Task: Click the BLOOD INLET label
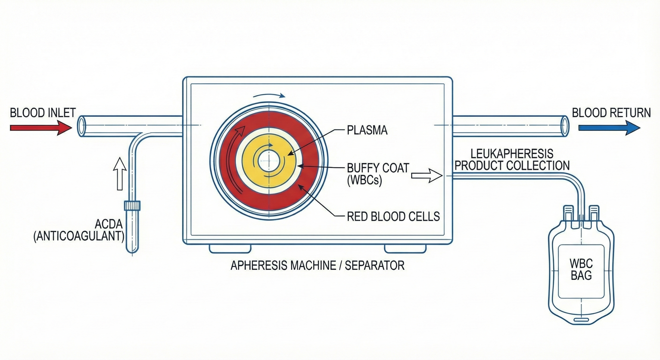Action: pyautogui.click(x=43, y=113)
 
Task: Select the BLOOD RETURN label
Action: pyautogui.click(x=611, y=113)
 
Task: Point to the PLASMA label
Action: pyautogui.click(x=367, y=130)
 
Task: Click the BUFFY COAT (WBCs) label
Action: pyautogui.click(x=378, y=174)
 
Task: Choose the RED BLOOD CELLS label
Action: pyautogui.click(x=393, y=217)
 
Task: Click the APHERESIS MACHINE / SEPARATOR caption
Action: pyautogui.click(x=317, y=265)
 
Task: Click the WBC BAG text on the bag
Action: pyautogui.click(x=581, y=269)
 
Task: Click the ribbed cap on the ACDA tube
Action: pyautogui.click(x=132, y=206)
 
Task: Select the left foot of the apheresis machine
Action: pyautogui.click(x=230, y=248)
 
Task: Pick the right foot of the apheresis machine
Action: pyautogui.click(x=405, y=248)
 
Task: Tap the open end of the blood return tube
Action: pyautogui.click(x=564, y=126)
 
